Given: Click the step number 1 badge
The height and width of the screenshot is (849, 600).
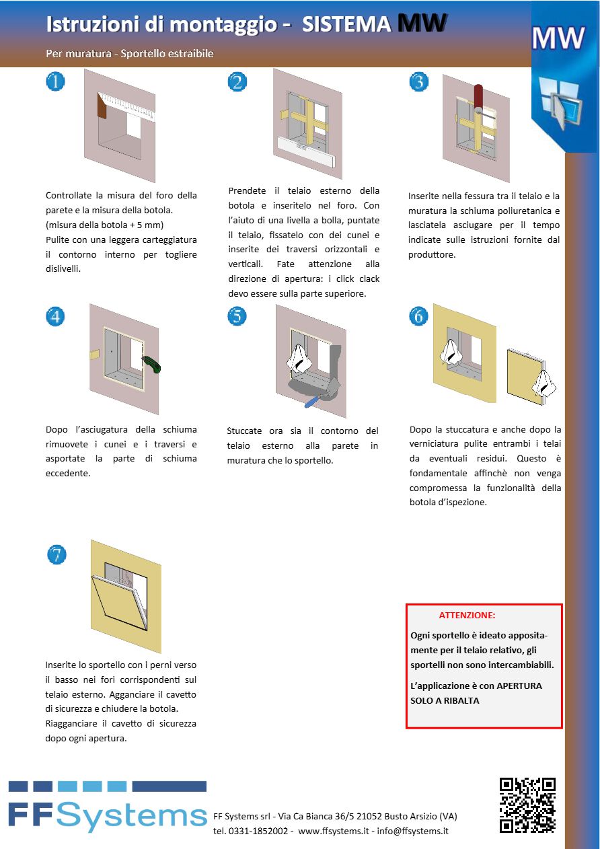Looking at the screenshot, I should click(55, 81).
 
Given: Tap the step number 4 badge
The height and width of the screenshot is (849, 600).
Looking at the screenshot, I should click(55, 316).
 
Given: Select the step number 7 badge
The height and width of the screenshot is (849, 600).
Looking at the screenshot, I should click(57, 554).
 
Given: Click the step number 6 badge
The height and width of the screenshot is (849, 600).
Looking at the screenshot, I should click(418, 316).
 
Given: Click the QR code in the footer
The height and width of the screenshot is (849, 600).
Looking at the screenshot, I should click(527, 805).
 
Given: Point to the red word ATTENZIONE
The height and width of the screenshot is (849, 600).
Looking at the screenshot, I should click(467, 615).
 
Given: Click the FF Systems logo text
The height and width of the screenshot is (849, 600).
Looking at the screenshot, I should click(108, 815).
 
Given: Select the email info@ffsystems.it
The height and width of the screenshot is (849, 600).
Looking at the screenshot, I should click(412, 831).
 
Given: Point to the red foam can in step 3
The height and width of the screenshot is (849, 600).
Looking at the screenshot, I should click(478, 98).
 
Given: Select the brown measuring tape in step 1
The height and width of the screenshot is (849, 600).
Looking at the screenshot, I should click(103, 106).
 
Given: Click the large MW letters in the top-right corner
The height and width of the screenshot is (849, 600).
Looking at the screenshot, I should click(558, 39).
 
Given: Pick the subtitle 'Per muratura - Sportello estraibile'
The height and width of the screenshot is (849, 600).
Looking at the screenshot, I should click(130, 53).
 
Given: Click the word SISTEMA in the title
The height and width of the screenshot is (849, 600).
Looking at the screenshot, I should click(346, 25).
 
